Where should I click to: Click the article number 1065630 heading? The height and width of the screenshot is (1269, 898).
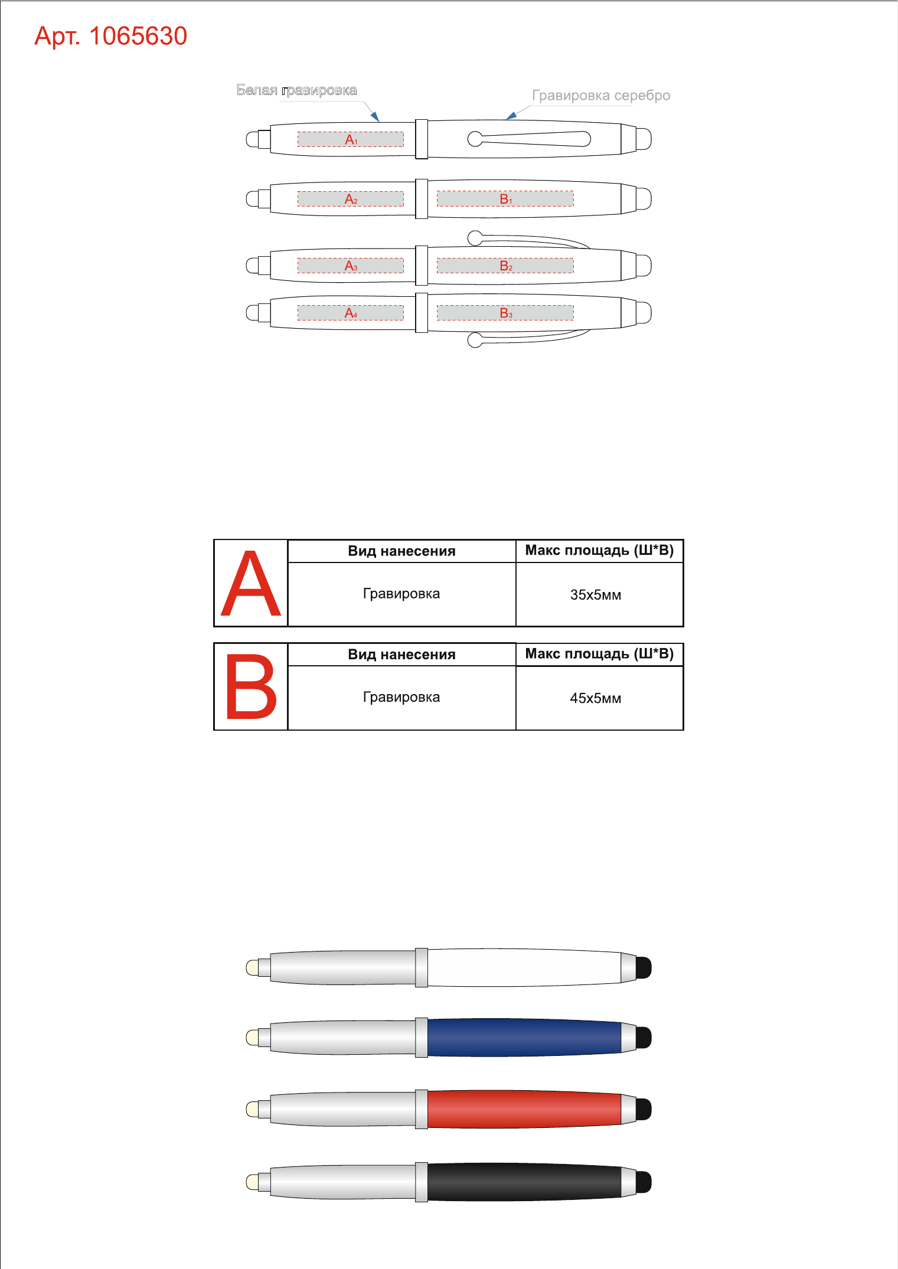(111, 37)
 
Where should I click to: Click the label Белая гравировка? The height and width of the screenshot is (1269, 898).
(296, 90)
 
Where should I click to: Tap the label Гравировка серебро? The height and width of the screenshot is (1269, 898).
(601, 96)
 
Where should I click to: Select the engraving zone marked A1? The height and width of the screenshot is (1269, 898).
(351, 139)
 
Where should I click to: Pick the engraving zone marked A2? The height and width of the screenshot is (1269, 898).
(351, 199)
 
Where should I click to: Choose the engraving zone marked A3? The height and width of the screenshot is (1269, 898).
(351, 266)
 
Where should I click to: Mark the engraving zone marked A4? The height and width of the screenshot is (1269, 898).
(351, 313)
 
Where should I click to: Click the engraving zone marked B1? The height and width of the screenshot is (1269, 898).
(505, 199)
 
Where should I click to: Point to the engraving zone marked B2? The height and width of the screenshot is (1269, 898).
(505, 266)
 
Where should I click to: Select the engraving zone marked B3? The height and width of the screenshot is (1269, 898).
(505, 313)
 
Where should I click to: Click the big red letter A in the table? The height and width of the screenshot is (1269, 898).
(251, 584)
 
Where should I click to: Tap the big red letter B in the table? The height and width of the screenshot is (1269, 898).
(251, 686)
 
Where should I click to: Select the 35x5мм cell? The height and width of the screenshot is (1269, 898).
(599, 594)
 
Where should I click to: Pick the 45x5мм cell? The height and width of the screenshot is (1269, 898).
(599, 698)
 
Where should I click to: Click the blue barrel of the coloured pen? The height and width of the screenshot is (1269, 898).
(524, 1037)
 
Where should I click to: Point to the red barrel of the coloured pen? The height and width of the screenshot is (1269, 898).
(524, 1109)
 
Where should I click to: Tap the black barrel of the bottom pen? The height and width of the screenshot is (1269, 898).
(524, 1182)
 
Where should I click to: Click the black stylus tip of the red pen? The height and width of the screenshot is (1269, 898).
(644, 1109)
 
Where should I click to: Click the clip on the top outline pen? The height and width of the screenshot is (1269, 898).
(529, 139)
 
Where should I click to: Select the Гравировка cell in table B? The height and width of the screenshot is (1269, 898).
(401, 698)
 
